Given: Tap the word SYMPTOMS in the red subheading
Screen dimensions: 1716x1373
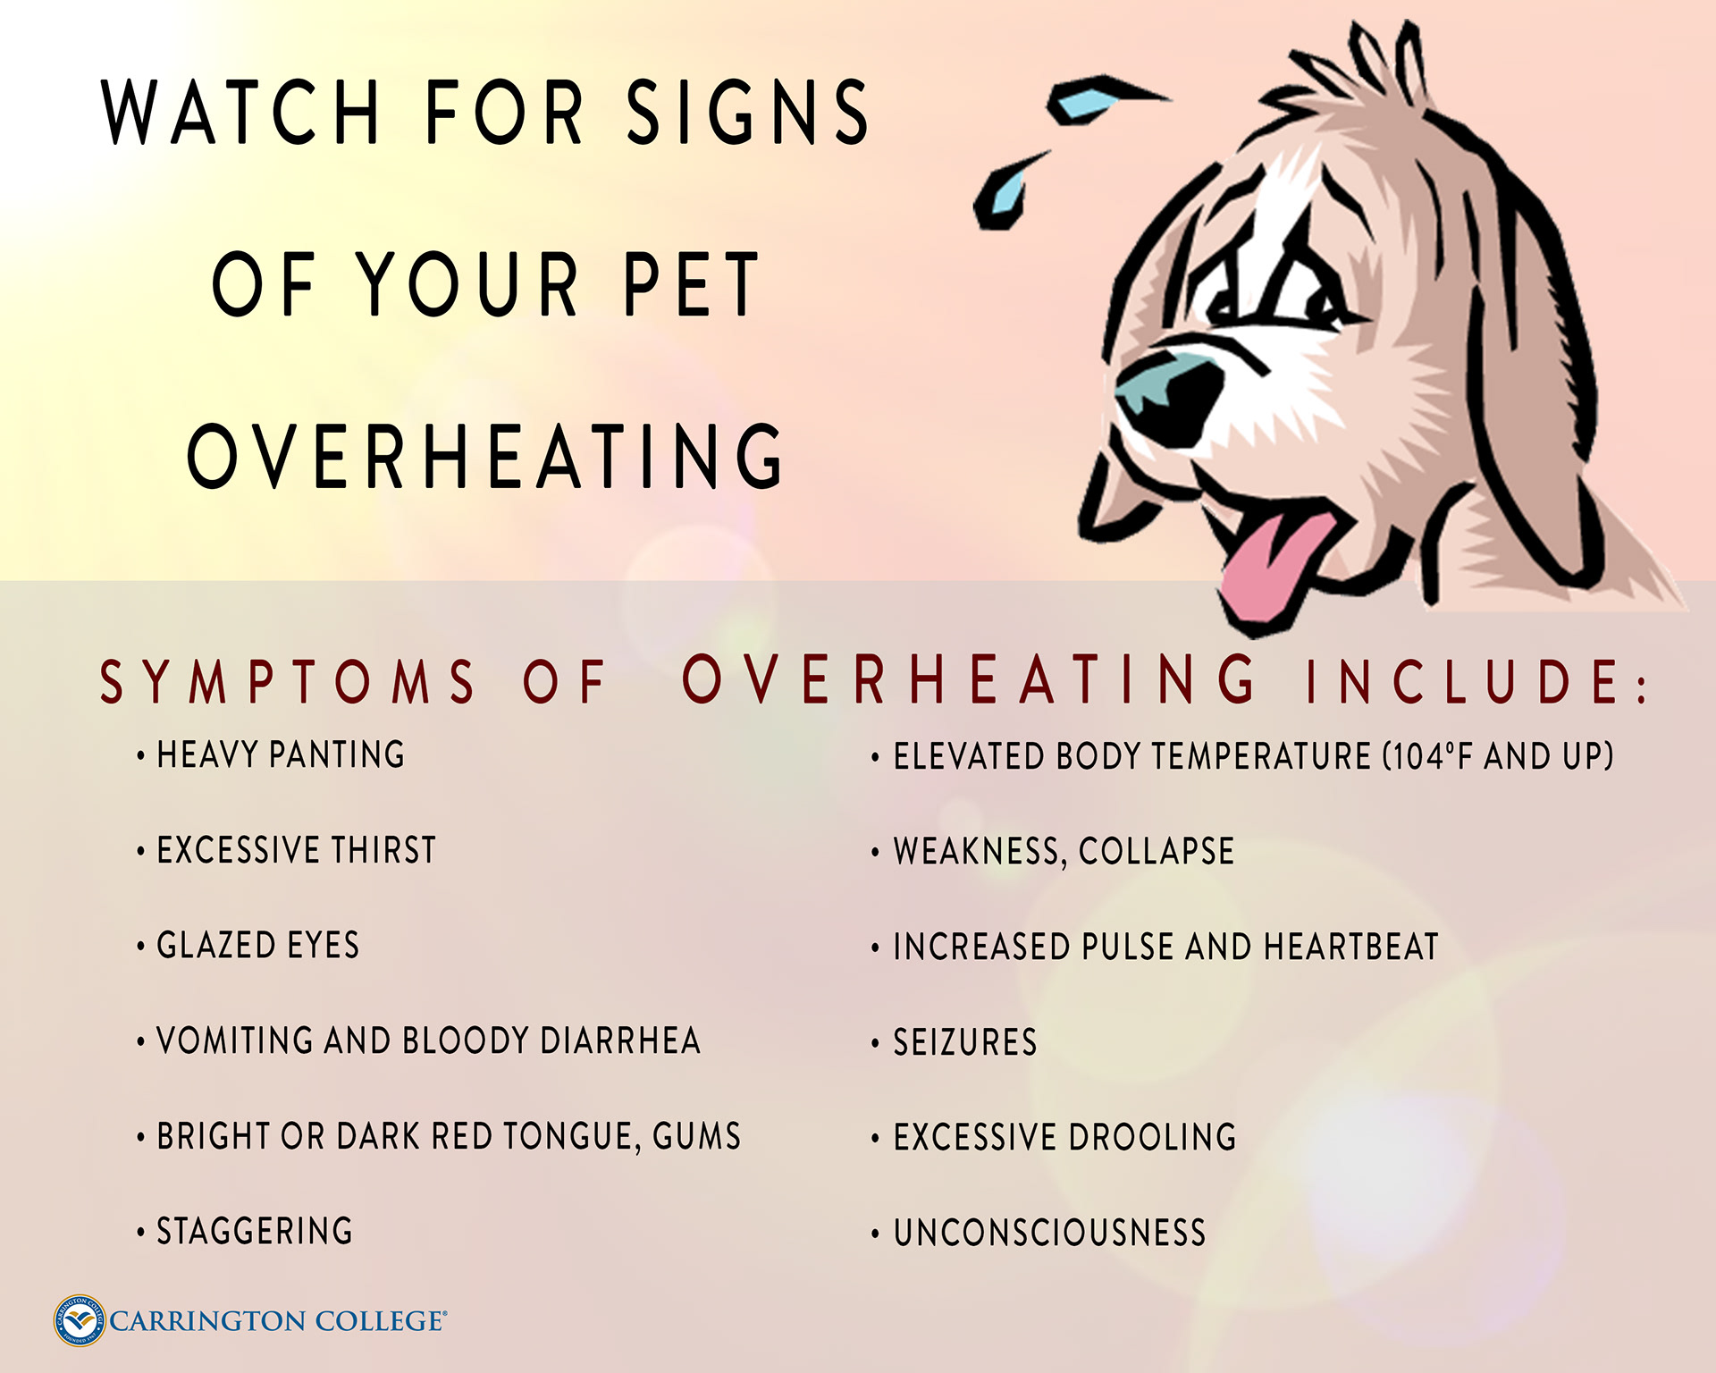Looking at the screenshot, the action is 287,682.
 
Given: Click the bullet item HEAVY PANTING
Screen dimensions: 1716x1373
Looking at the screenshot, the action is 281,754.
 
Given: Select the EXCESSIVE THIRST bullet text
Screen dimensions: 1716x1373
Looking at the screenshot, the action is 297,850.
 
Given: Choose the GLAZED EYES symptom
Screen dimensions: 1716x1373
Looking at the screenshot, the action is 258,945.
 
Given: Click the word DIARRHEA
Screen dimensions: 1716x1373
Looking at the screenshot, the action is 620,1040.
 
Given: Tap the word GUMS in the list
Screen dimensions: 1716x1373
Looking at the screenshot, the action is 697,1136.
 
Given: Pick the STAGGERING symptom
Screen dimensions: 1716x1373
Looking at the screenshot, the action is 255,1231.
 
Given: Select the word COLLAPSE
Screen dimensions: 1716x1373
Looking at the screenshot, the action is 1157,851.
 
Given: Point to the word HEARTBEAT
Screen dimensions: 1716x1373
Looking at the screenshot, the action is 1351,947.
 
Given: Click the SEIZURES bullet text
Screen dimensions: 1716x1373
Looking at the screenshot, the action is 965,1042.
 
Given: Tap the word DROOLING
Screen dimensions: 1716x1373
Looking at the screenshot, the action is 1152,1137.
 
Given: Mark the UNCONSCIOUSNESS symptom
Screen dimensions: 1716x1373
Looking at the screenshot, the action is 1050,1233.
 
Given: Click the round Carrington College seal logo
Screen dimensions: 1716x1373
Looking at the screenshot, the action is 80,1320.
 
